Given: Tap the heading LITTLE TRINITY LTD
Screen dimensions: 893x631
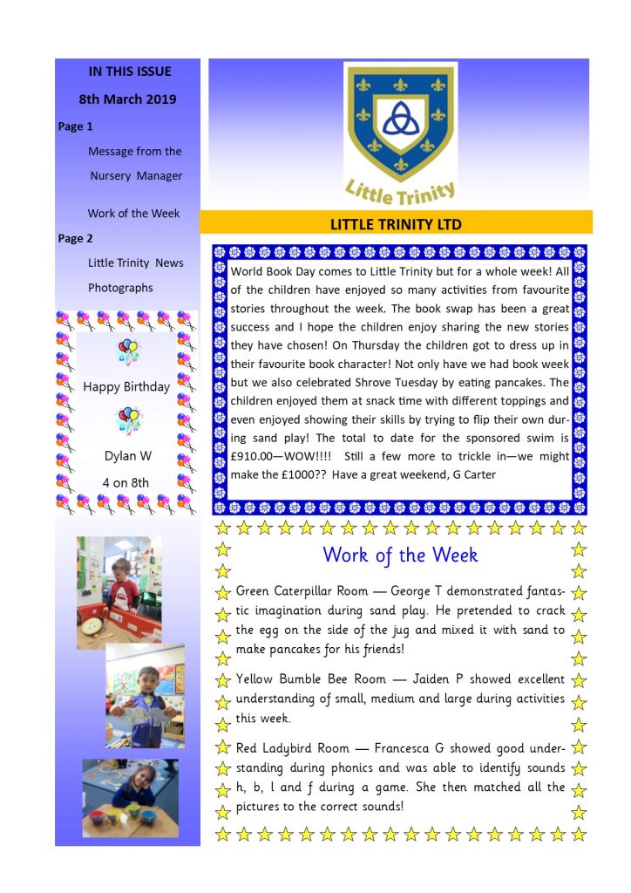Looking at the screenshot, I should (396, 224).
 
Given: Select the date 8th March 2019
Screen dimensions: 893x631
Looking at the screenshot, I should (127, 99).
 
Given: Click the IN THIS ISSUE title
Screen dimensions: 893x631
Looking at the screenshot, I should (130, 72).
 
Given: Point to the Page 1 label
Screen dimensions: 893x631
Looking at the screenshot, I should (76, 126).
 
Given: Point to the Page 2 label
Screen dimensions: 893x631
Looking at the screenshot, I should (76, 238).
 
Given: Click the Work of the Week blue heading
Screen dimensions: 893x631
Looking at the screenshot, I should (400, 555).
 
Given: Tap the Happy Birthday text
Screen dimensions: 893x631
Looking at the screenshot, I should (126, 386).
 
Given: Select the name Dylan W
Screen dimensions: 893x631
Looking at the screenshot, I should (127, 455).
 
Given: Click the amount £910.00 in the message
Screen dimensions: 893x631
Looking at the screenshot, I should (257, 456).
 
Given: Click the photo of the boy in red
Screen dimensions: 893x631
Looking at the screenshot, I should (119, 592).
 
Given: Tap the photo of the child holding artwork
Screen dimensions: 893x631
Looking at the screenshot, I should (145, 696).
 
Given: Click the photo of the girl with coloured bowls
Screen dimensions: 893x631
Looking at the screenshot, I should (130, 797).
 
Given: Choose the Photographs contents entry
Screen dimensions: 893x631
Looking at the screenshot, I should (120, 288).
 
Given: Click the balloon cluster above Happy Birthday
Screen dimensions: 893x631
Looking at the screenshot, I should (127, 352).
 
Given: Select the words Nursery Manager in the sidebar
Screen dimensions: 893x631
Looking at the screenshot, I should (137, 175).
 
